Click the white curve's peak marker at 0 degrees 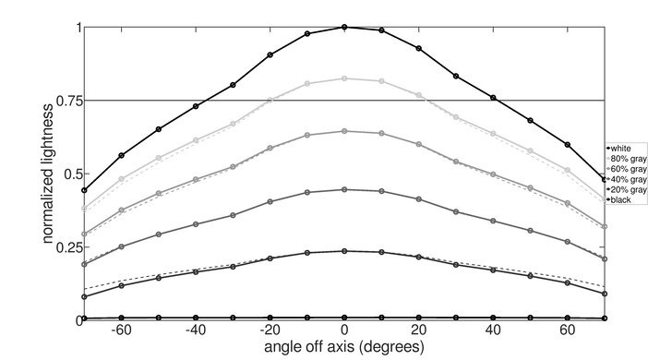(x=344, y=27)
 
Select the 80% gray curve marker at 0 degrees (x=344, y=78)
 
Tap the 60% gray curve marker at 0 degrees (x=344, y=131)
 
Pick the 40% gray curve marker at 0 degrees (x=344, y=189)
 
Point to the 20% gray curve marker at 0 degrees (x=344, y=251)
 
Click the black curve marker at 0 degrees (x=344, y=318)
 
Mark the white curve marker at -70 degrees (x=85, y=190)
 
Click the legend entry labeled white (x=622, y=148)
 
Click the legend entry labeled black (x=622, y=198)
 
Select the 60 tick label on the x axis (x=567, y=330)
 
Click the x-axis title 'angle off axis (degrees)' (x=342, y=348)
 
